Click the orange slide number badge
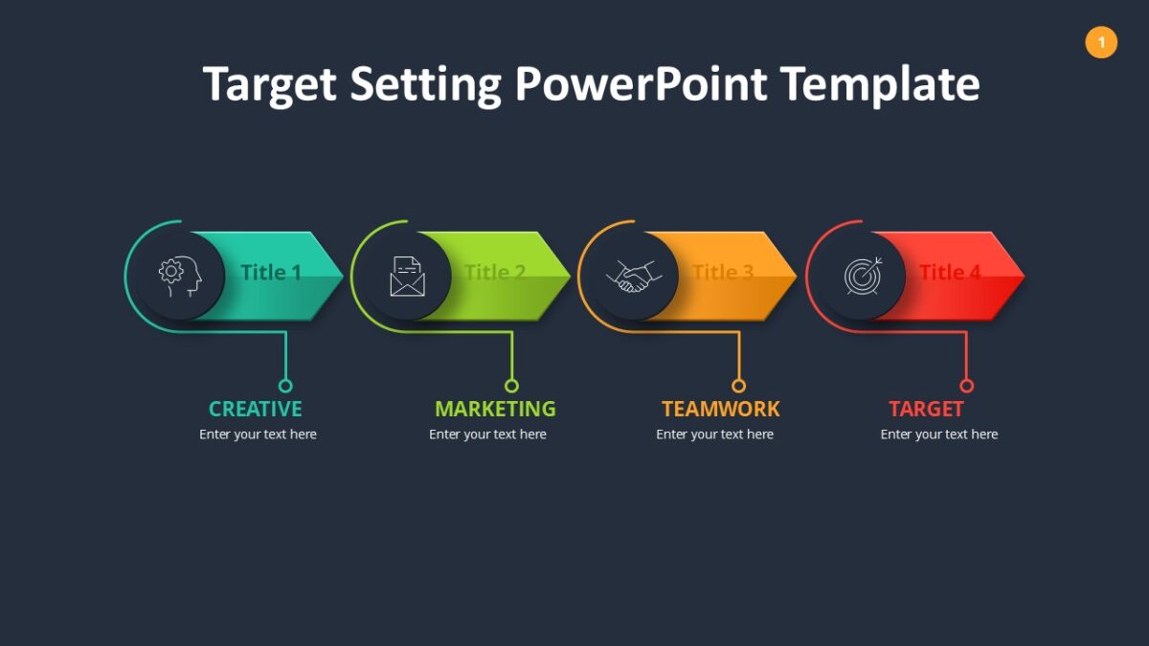click(1101, 42)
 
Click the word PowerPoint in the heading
click(641, 85)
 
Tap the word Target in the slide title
click(270, 85)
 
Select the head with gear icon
click(180, 277)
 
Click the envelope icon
click(407, 277)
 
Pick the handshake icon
click(634, 277)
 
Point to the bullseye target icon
click(863, 276)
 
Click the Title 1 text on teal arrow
click(271, 272)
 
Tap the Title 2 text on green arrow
click(495, 272)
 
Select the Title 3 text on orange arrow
click(723, 272)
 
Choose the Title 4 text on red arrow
click(950, 272)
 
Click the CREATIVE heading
click(255, 410)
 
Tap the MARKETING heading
click(495, 410)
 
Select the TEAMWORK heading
click(721, 410)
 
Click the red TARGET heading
click(926, 410)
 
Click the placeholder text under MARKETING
click(487, 434)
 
